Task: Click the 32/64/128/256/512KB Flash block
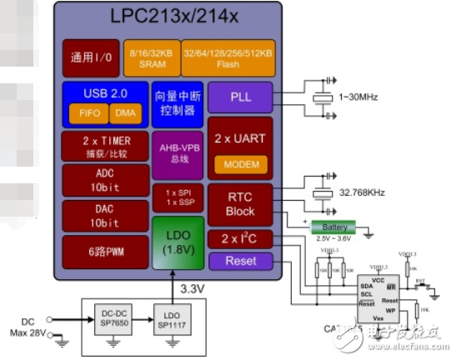[x=228, y=57]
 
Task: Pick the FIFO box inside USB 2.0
[x=86, y=111]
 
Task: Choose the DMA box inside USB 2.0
[x=126, y=111]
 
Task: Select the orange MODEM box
[x=241, y=164]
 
